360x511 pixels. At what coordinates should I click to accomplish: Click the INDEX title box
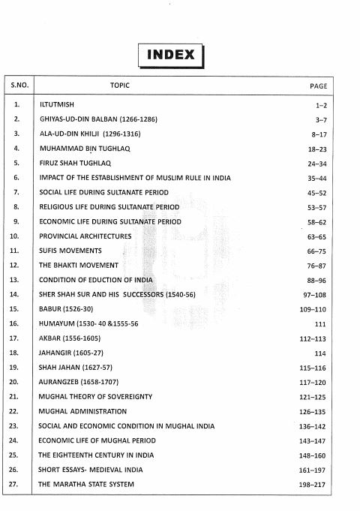171,54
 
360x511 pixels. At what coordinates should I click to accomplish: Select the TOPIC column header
120,86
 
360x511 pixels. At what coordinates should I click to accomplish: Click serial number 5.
16,163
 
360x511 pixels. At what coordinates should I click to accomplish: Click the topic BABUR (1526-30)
66,309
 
